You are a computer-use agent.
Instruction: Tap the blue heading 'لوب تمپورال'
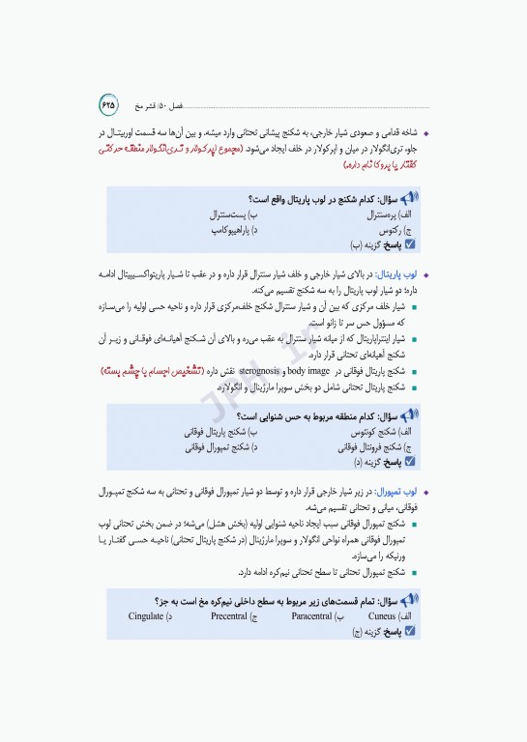397,491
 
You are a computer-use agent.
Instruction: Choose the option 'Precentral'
230,615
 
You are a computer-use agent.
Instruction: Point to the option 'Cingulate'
147,615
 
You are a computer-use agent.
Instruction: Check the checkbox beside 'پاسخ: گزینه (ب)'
410,245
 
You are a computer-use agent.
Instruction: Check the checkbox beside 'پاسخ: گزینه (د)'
410,462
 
